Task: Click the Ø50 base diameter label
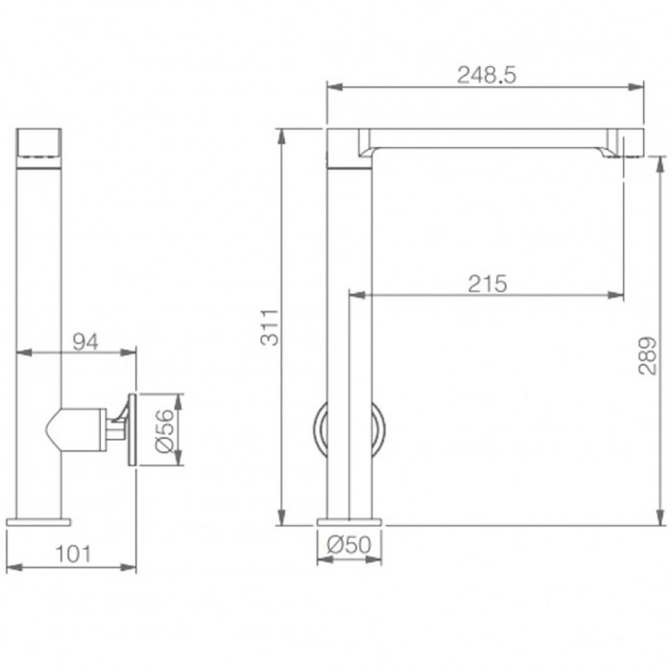(x=348, y=543)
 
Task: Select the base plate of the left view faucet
(x=38, y=522)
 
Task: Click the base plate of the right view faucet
(x=349, y=522)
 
